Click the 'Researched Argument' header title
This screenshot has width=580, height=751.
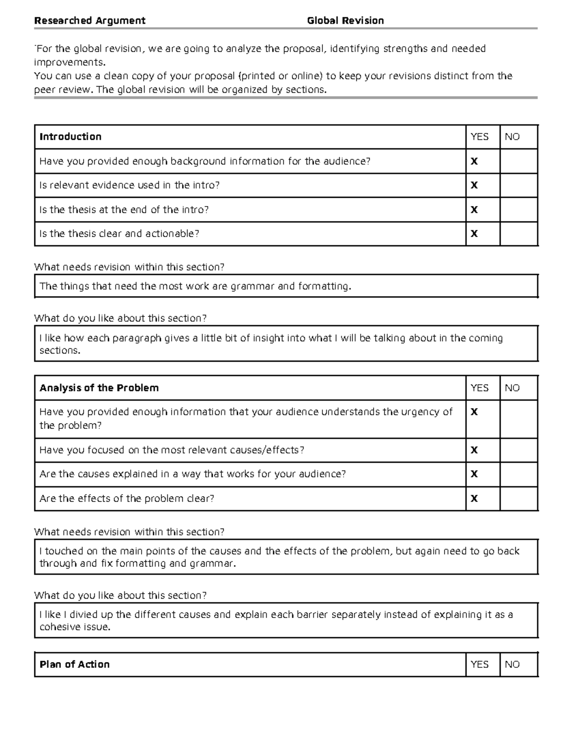click(89, 20)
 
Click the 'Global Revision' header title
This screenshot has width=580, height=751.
click(345, 20)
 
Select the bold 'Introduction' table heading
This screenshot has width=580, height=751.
click(71, 137)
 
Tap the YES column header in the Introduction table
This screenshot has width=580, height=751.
click(479, 137)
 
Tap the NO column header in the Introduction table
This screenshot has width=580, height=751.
click(512, 137)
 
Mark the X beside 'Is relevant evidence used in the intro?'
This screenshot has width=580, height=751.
click(474, 185)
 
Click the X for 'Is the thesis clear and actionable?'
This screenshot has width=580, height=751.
click(474, 234)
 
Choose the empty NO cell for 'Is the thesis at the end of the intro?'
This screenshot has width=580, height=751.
click(519, 209)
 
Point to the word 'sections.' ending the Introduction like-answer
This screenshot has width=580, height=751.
click(59, 351)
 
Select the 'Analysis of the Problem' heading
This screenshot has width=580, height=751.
click(99, 388)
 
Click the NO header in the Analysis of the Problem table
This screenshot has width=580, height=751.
click(512, 388)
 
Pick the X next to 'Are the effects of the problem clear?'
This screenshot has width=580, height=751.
click(474, 499)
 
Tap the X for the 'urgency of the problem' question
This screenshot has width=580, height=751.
click(474, 412)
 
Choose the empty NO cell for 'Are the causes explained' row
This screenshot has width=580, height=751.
click(519, 474)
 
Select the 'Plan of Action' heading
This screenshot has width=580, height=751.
click(74, 664)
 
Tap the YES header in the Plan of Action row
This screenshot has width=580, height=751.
click(479, 664)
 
